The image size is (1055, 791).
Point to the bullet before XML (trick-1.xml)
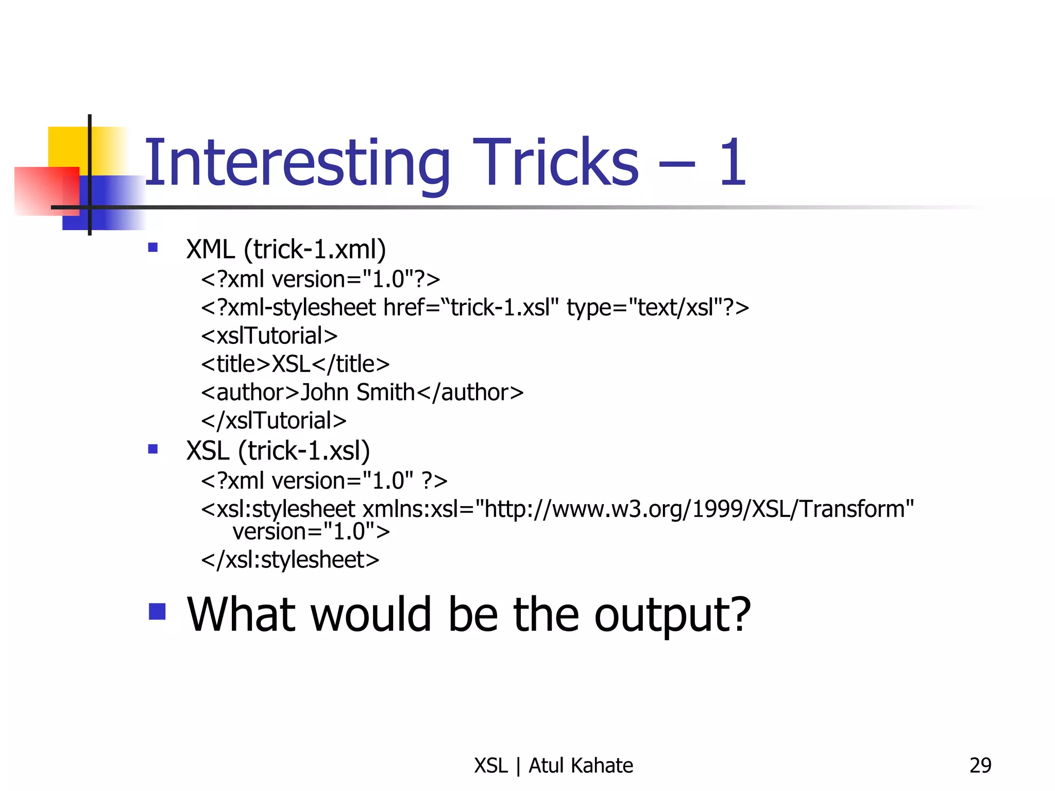tap(153, 248)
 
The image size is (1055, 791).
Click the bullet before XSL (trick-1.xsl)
tap(153, 449)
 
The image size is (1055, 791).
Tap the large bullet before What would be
tap(157, 612)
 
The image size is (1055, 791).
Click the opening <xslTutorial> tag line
tap(269, 336)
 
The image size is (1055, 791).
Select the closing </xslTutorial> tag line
tap(274, 421)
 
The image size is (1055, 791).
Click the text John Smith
tap(358, 392)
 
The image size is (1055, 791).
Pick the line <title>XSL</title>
tap(295, 364)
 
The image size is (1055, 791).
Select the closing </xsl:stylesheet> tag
tap(290, 560)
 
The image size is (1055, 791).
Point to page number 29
tap(980, 766)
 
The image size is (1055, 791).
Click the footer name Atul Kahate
tap(581, 766)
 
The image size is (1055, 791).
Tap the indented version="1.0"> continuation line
tap(311, 531)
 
